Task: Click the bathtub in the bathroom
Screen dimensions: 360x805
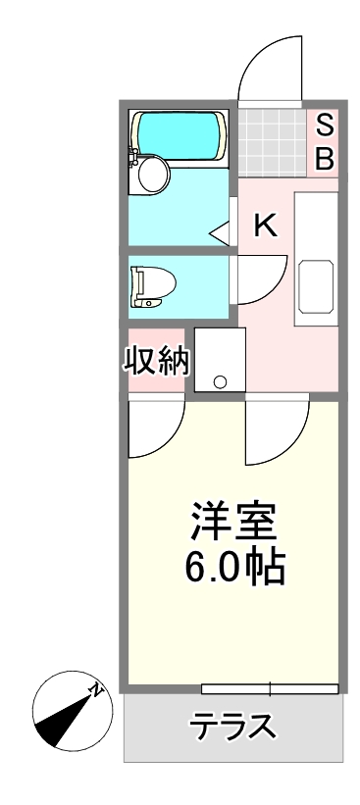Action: [x=179, y=135]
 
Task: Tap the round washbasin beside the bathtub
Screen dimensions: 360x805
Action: [x=152, y=175]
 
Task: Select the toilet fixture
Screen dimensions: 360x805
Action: [x=152, y=286]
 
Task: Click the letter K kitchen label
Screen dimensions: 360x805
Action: [x=267, y=225]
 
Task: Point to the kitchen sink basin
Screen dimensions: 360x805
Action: [x=316, y=286]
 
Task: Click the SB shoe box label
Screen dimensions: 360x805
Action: [x=324, y=143]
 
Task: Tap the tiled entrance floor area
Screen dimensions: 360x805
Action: [x=272, y=143]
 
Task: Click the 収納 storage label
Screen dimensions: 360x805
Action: [x=157, y=361]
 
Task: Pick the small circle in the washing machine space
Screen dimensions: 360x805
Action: [x=221, y=382]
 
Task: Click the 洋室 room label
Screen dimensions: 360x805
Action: [x=233, y=521]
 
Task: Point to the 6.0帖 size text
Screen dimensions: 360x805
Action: [x=234, y=567]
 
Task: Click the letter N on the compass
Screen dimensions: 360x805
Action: [x=96, y=690]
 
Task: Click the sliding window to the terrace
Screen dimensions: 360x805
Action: [x=270, y=688]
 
